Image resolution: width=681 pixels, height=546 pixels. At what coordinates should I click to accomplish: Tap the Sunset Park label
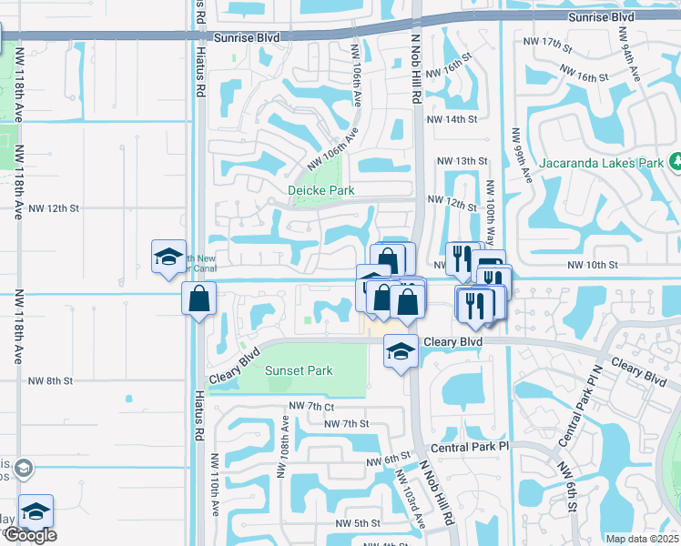coord(299,370)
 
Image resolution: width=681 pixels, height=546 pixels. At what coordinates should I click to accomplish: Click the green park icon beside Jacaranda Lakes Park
coord(676,162)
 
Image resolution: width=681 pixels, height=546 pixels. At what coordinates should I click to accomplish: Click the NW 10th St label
coord(592,265)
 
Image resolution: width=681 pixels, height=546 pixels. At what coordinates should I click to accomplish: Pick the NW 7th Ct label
coord(311,406)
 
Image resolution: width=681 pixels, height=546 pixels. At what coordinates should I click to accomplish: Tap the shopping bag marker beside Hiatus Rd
coord(198,298)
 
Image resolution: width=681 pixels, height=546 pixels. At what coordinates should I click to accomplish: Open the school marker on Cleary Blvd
coord(399,351)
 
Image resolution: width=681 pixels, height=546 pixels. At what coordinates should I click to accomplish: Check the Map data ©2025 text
coord(642,539)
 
